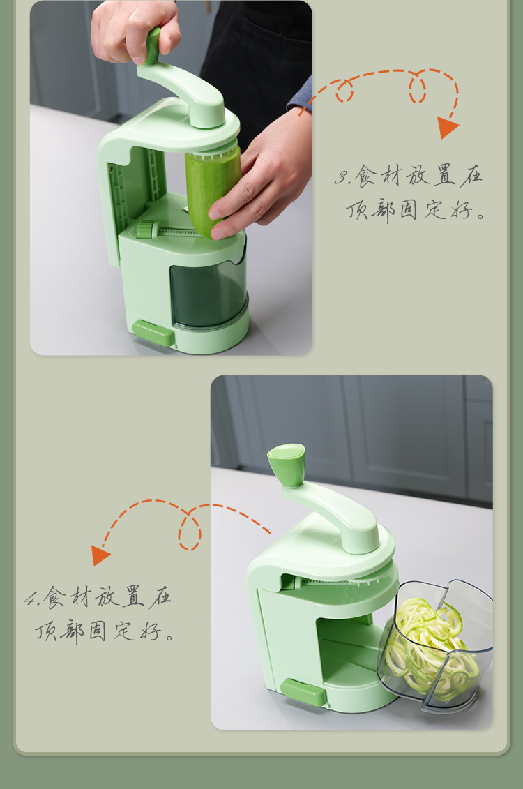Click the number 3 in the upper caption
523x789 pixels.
(x=340, y=177)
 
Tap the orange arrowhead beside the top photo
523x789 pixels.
(x=447, y=127)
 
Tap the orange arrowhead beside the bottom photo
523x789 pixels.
(x=100, y=555)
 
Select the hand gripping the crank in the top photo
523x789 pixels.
(x=132, y=28)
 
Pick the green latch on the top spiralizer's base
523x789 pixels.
(x=153, y=332)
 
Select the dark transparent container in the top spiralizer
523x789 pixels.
(x=208, y=293)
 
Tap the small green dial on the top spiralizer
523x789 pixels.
(x=146, y=230)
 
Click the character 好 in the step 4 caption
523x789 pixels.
(x=147, y=632)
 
